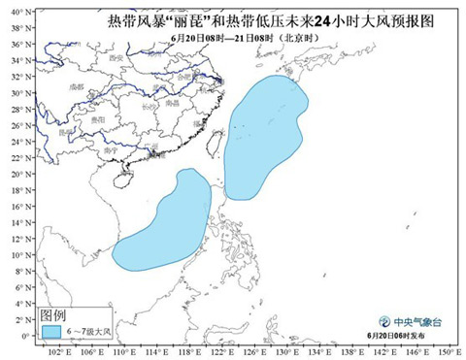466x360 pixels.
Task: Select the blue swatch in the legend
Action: click(53, 332)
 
